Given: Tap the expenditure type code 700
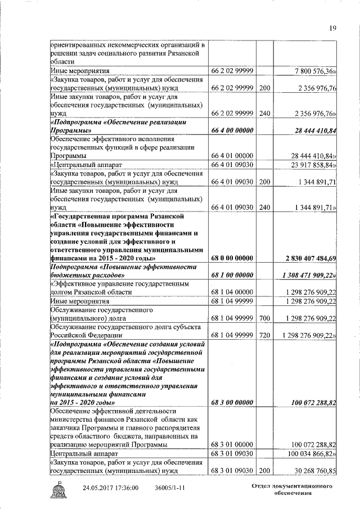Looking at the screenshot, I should click(x=264, y=318).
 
